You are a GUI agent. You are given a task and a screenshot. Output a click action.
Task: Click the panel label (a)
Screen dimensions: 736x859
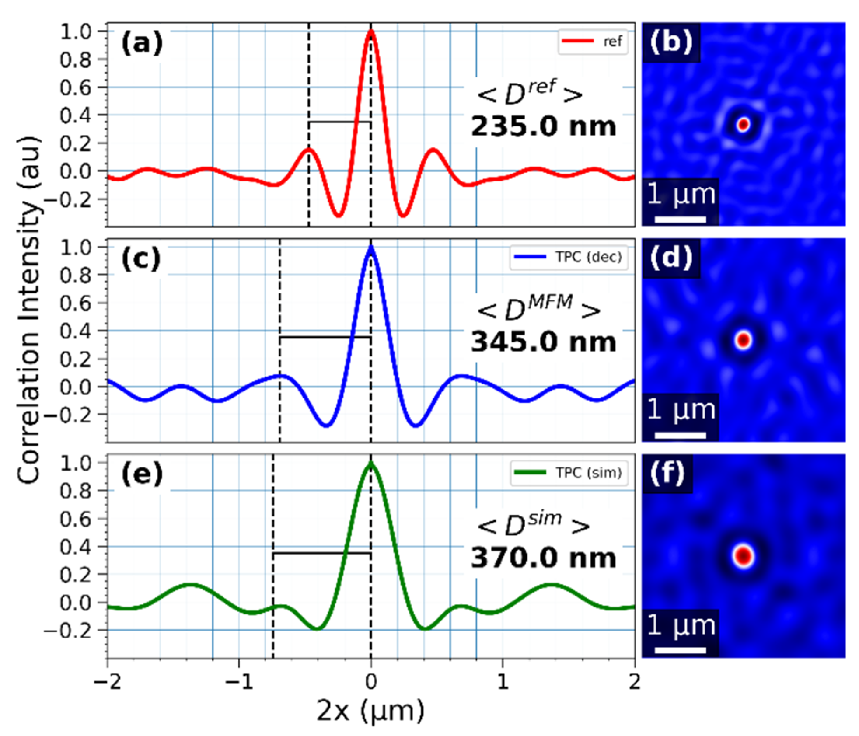point(142,44)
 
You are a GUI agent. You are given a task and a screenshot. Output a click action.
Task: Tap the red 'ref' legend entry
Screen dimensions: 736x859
point(593,42)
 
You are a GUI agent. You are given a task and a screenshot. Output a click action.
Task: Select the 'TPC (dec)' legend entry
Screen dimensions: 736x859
point(569,257)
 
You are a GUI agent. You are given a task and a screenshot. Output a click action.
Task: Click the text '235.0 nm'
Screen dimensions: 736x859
point(543,127)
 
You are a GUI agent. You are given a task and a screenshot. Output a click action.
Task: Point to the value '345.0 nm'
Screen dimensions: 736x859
point(543,342)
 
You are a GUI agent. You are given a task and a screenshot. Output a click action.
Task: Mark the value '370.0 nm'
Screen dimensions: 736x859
point(543,558)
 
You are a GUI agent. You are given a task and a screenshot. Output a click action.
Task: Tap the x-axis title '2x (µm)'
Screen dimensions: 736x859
point(370,711)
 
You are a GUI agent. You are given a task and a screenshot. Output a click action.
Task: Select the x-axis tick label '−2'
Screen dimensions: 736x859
point(108,682)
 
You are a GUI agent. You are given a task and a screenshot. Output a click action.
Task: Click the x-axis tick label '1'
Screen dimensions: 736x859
point(503,682)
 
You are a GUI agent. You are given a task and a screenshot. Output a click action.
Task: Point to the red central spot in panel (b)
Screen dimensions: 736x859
point(743,125)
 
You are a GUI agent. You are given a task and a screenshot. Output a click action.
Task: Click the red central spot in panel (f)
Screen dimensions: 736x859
point(744,556)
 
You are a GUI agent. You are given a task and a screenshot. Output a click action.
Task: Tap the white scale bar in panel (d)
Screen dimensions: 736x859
point(680,435)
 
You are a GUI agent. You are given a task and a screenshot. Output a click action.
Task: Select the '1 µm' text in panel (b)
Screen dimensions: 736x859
point(681,194)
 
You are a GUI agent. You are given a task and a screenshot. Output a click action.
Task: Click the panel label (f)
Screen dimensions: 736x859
point(667,473)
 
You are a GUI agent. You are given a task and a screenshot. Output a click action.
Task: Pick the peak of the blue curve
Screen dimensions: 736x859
point(371,248)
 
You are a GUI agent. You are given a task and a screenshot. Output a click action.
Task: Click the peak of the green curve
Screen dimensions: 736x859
point(371,464)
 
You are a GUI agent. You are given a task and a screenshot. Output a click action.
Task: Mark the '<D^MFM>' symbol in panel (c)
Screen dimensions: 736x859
point(538,308)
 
